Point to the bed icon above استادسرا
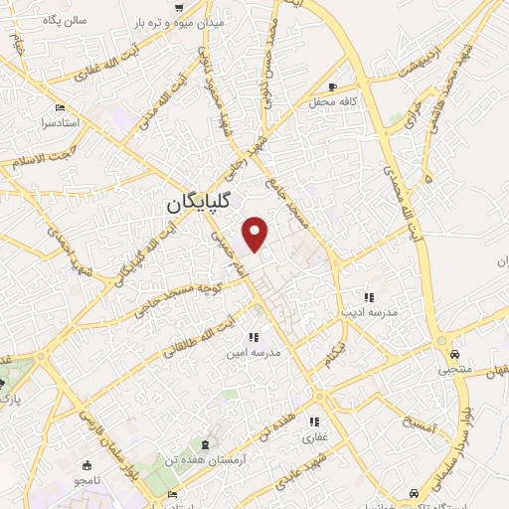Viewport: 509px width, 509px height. pos(62,107)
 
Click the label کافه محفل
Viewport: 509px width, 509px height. pos(331,101)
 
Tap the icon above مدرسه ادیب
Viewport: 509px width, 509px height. pos(368,296)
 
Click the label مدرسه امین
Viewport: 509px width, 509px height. pos(267,353)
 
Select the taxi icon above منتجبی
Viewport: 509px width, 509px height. pos(453,353)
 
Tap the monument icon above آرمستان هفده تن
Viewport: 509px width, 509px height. pos(207,441)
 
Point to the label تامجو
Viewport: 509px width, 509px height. pos(85,479)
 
